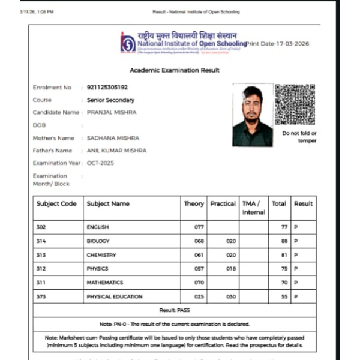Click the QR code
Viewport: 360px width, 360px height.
pos(295,104)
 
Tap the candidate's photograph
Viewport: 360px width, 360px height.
pos(253,115)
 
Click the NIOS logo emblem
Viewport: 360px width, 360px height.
pos(128,42)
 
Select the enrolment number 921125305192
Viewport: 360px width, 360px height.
pos(107,88)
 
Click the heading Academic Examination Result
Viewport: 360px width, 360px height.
pos(175,70)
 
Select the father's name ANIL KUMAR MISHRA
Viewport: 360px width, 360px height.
pos(116,151)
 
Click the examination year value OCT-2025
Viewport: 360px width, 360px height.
pos(100,163)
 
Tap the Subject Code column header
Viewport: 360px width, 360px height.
pos(56,204)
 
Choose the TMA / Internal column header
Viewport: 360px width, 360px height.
pos(254,208)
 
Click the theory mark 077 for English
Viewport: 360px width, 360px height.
pos(190,228)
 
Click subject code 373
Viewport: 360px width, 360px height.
pos(41,296)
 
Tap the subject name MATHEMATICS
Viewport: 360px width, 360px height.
pos(105,283)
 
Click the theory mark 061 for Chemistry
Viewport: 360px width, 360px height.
pos(190,255)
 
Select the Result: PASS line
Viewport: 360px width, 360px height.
pos(175,310)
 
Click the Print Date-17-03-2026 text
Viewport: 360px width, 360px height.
pos(278,44)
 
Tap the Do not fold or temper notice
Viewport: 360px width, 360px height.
pos(299,137)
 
